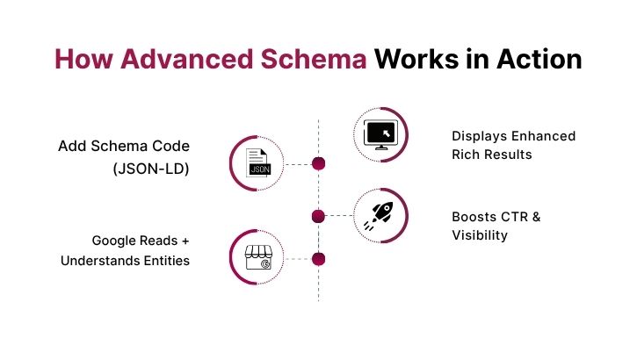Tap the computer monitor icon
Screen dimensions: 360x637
[380, 134]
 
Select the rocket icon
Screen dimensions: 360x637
[380, 215]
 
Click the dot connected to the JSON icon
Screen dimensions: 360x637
[319, 163]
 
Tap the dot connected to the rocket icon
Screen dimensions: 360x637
[319, 216]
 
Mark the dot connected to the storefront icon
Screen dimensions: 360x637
[319, 259]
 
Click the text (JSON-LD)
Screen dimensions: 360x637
[151, 168]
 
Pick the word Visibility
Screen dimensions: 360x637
[480, 235]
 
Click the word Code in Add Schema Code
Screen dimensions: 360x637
[171, 145]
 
